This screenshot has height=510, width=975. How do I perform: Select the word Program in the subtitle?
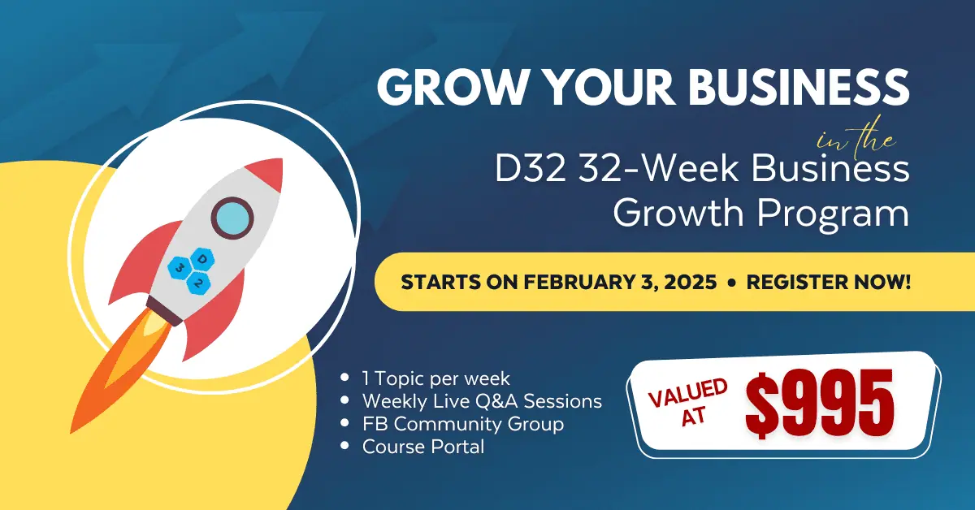pyautogui.click(x=833, y=214)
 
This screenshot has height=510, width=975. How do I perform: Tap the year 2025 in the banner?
pyautogui.click(x=691, y=282)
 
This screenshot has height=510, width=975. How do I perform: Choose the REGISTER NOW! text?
pyautogui.click(x=829, y=282)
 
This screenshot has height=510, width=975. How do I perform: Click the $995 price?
pyautogui.click(x=820, y=404)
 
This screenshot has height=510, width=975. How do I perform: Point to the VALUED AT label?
pyautogui.click(x=687, y=402)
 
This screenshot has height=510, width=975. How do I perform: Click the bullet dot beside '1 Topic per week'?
pyautogui.click(x=344, y=378)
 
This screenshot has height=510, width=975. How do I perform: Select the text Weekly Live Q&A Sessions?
pyautogui.click(x=482, y=401)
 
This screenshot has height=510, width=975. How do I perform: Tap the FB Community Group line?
pyautogui.click(x=462, y=424)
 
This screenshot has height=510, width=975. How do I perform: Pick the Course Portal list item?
pyautogui.click(x=423, y=447)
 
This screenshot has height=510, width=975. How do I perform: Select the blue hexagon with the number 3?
pyautogui.click(x=180, y=268)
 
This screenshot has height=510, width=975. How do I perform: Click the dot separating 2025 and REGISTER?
pyautogui.click(x=731, y=283)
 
